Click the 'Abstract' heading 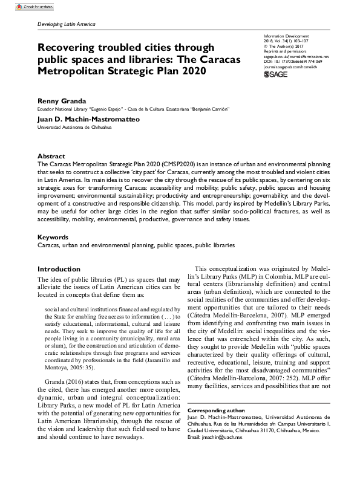[x=51, y=155]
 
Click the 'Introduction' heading [x=59, y=269]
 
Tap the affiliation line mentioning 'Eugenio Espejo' [x=133, y=109]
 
